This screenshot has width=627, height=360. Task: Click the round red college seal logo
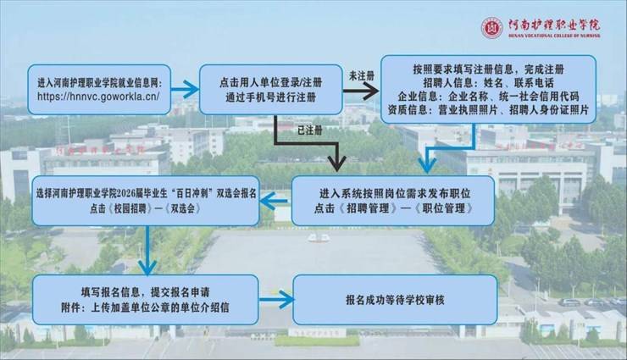tap(491, 28)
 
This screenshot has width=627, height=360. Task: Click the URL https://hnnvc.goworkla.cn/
tap(98, 97)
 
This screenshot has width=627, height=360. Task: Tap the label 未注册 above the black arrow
tap(362, 75)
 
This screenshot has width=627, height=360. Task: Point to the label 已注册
tap(310, 130)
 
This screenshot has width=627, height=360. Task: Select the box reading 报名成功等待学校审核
tap(395, 300)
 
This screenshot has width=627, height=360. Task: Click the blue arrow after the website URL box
tap(185, 89)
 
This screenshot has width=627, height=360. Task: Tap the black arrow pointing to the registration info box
tap(361, 91)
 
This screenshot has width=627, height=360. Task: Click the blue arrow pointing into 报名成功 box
tap(277, 299)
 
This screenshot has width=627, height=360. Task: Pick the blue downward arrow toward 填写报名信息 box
tap(147, 251)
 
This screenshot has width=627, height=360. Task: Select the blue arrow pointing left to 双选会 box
tap(275, 201)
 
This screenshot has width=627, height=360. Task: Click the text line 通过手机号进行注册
tap(271, 97)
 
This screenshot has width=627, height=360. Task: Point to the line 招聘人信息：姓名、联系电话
tap(488, 83)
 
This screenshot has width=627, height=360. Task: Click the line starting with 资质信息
tap(488, 109)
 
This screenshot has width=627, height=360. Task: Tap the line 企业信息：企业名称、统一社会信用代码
tap(488, 96)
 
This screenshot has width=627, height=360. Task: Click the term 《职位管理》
tap(444, 208)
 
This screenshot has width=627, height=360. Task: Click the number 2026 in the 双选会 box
tap(127, 194)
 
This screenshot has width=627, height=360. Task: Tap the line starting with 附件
tap(145, 307)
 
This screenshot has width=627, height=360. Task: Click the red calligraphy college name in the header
tap(554, 25)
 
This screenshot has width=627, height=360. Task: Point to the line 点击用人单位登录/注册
tap(271, 83)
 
